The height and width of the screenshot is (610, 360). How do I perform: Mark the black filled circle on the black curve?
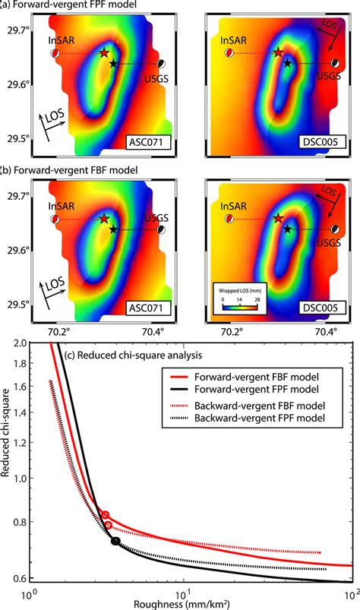115,541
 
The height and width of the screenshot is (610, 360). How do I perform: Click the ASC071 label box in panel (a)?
148,141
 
